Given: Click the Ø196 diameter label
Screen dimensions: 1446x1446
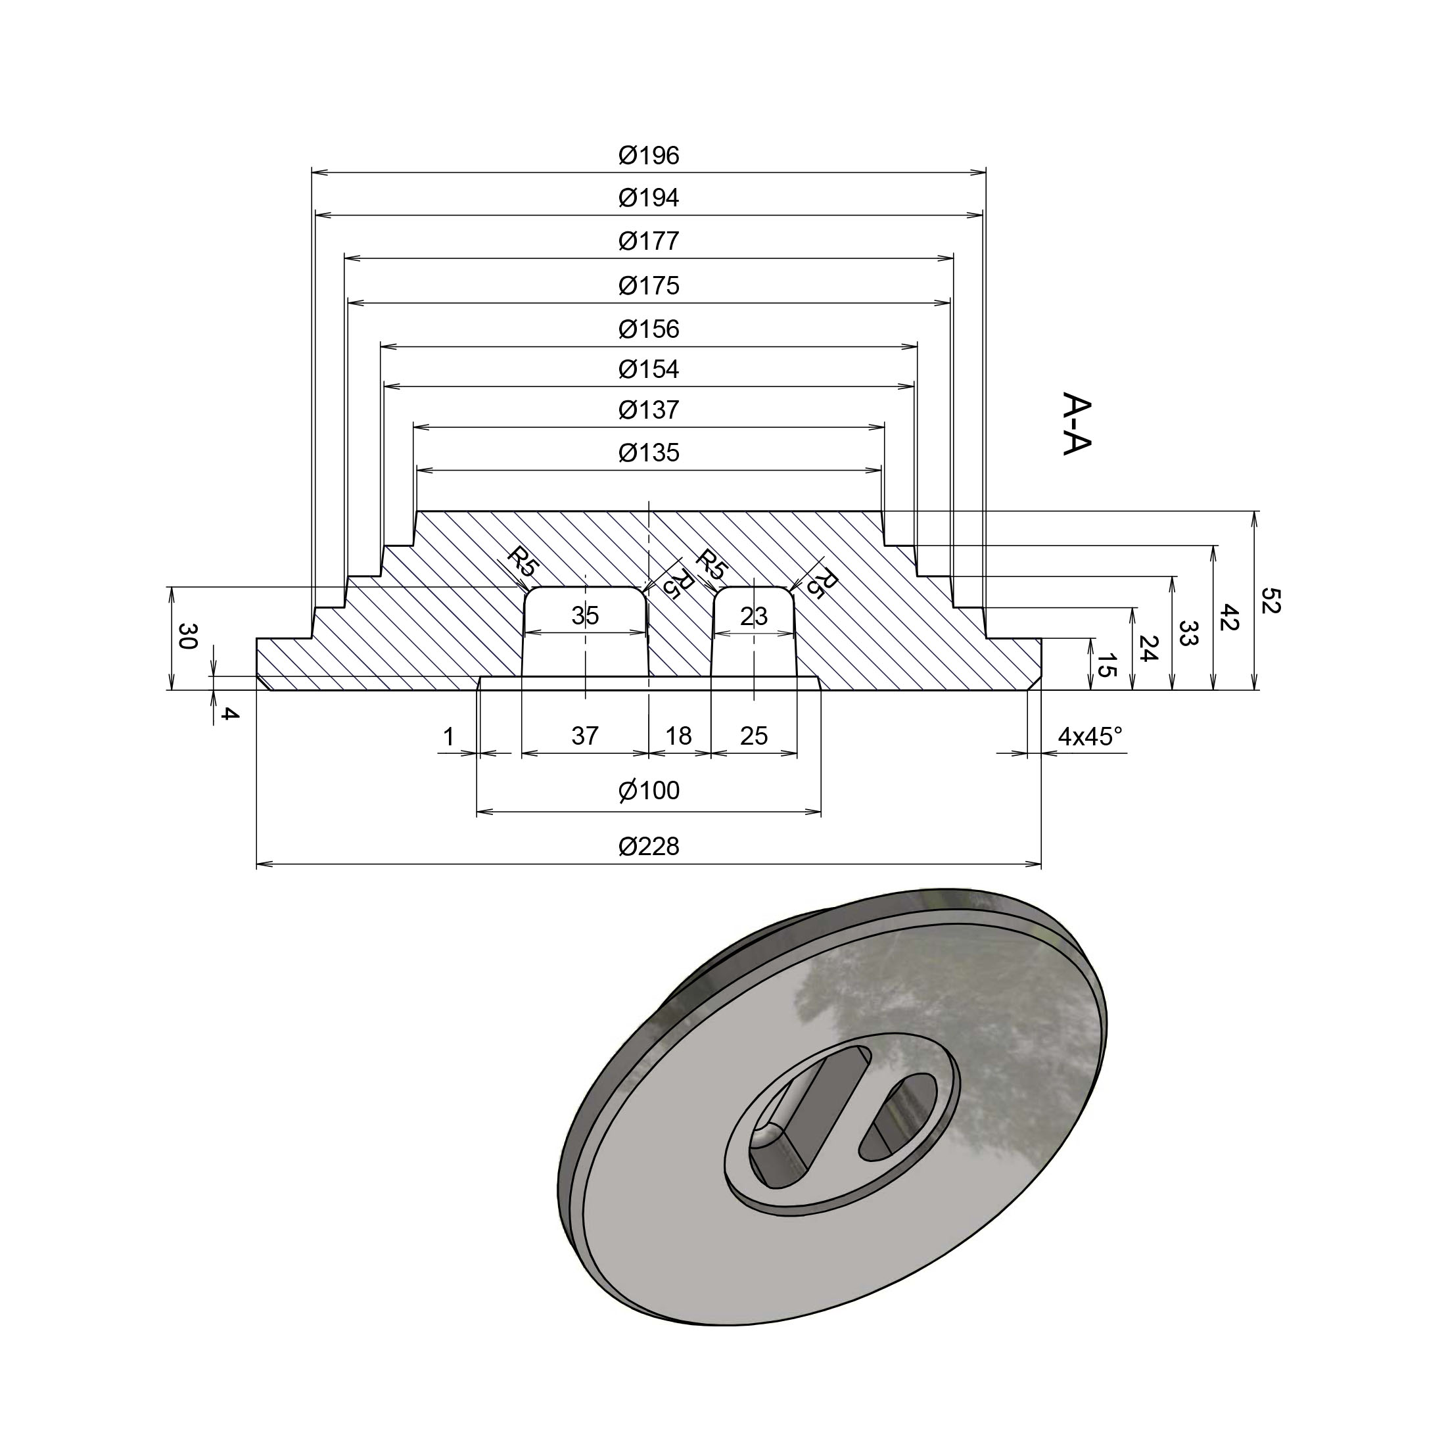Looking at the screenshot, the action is [649, 156].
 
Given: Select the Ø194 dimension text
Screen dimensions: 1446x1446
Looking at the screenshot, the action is [649, 198].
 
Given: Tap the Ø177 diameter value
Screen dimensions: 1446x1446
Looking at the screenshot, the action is [649, 242].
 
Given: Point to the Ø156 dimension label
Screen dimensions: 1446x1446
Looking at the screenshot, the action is [649, 329].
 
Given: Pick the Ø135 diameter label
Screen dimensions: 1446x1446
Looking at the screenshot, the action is [649, 453].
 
